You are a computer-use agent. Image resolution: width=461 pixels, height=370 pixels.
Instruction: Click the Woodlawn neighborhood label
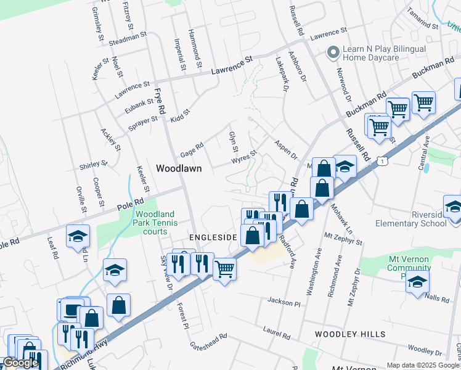point(179,168)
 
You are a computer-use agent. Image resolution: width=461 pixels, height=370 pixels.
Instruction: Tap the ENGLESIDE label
point(213,237)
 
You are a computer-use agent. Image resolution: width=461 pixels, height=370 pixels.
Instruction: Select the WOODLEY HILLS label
point(350,334)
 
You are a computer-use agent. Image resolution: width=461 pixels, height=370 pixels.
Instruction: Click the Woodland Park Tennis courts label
point(156,223)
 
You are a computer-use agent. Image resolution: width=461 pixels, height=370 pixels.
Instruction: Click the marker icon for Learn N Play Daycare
point(333,53)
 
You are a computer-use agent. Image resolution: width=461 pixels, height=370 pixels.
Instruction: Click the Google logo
point(20,363)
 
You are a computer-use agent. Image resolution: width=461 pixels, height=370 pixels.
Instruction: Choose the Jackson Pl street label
point(284,302)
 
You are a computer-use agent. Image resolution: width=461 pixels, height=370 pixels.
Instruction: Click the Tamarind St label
point(422,18)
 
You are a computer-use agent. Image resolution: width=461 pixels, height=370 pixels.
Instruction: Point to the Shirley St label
point(94,166)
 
